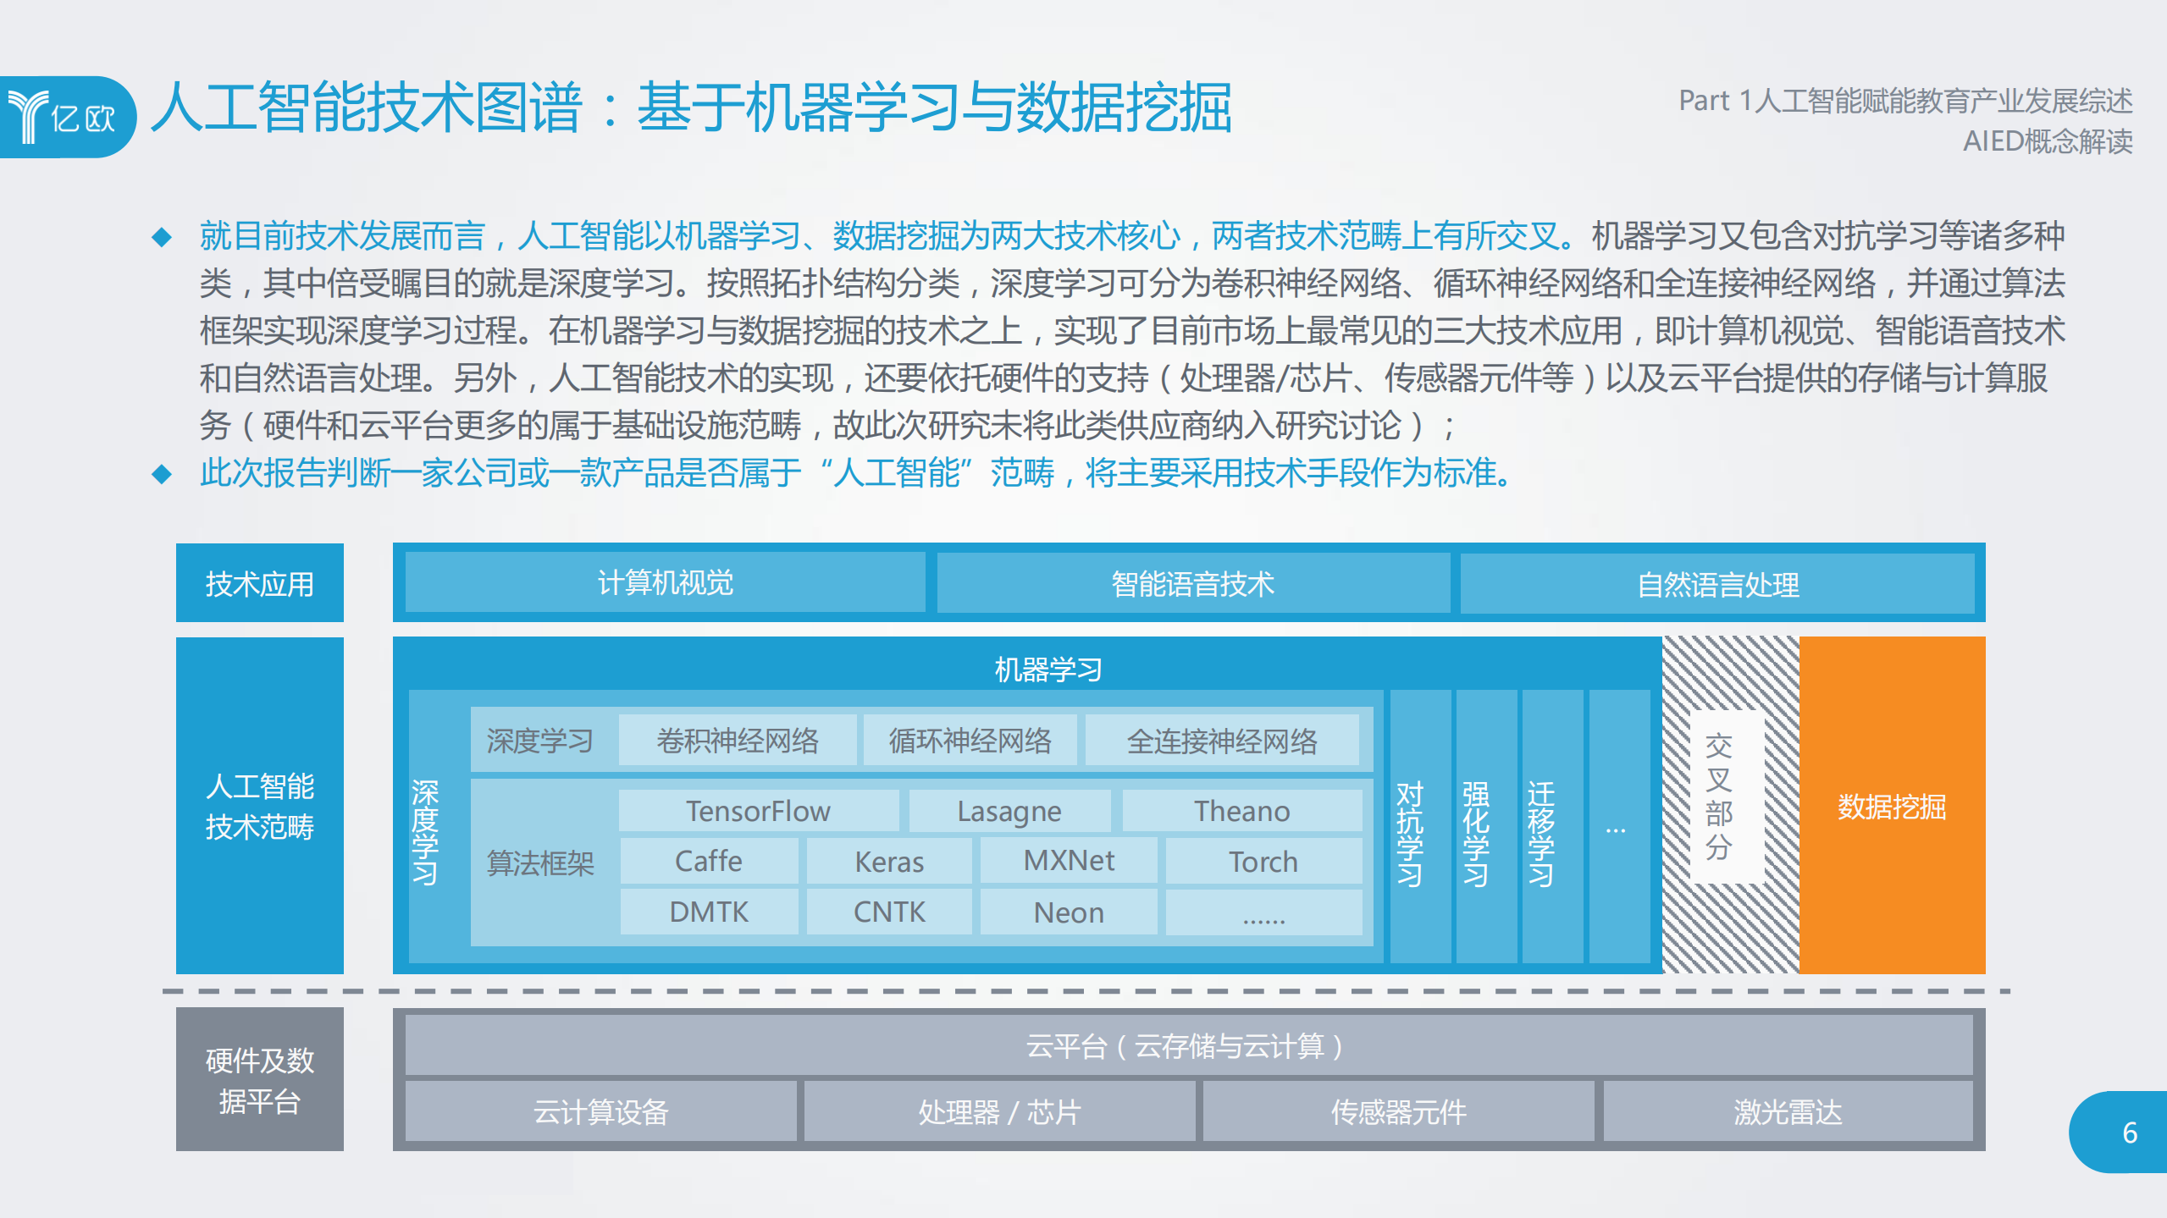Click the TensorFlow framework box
[x=758, y=811]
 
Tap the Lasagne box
[x=1009, y=811]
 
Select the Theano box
[x=1241, y=811]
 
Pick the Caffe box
[x=709, y=861]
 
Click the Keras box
[x=888, y=861]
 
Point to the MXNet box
[x=1069, y=861]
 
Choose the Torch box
[x=1263, y=861]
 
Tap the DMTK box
[x=709, y=912]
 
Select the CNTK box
[x=888, y=912]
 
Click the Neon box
[x=1069, y=912]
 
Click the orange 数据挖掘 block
[x=1892, y=806]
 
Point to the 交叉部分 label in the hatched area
[x=1718, y=796]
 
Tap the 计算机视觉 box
[x=665, y=582]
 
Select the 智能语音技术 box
[x=1192, y=583]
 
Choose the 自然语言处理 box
[x=1717, y=584]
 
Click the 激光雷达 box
[x=1788, y=1111]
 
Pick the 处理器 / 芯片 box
[x=999, y=1111]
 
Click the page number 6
[x=2130, y=1133]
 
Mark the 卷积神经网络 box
[x=738, y=741]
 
